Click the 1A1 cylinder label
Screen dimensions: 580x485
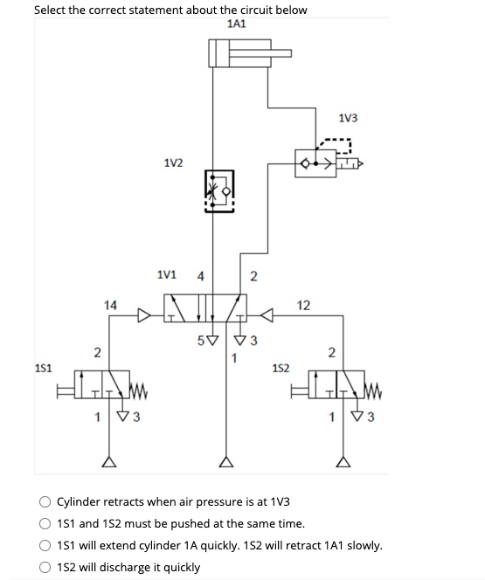pos(236,24)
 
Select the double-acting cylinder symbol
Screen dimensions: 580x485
pos(240,53)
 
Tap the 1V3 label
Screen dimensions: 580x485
pos(347,118)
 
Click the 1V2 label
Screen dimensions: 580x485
pos(173,162)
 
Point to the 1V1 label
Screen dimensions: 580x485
pos(166,275)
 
